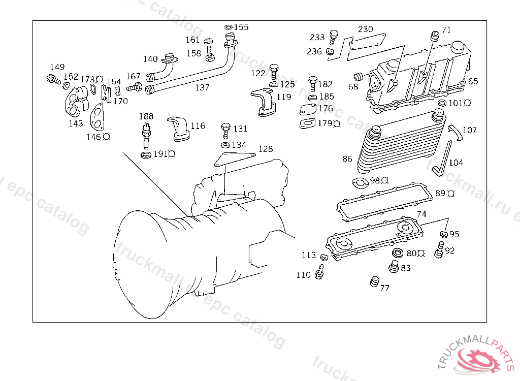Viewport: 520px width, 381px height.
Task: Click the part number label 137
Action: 202,87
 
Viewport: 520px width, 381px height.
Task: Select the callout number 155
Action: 241,27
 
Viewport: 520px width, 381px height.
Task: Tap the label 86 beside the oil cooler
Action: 347,159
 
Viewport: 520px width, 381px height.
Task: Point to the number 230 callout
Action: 365,29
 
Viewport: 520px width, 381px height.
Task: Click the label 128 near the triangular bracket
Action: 266,149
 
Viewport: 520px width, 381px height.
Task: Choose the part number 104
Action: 456,163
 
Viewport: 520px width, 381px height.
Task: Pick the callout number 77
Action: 385,288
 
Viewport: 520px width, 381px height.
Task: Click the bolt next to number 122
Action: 274,70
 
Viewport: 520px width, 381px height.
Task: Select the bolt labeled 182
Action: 313,82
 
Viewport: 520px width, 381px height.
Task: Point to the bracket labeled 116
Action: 179,128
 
